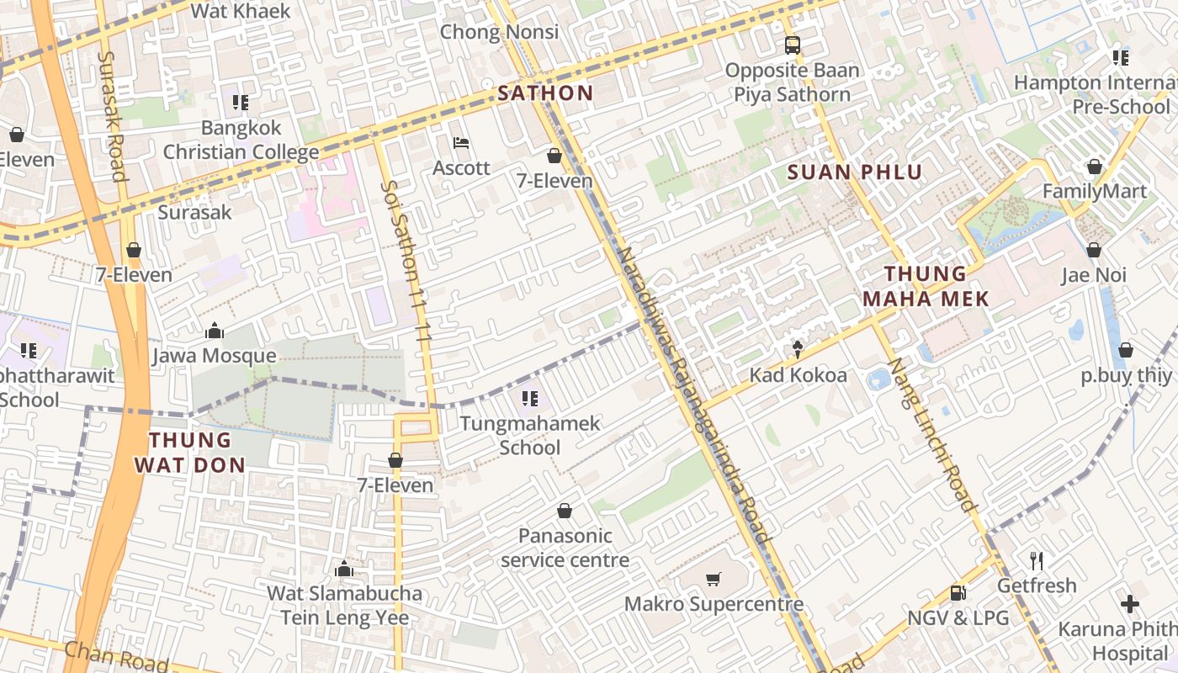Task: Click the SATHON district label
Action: [x=545, y=93]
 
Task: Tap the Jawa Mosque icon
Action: [x=215, y=331]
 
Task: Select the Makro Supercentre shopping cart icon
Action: [x=713, y=579]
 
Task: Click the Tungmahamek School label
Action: [x=530, y=435]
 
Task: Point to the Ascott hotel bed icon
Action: [x=460, y=143]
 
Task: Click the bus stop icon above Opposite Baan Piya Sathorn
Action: [x=792, y=45]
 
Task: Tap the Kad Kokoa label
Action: [x=798, y=375]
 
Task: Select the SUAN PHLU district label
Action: [x=855, y=173]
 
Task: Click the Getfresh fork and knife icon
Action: [x=1037, y=560]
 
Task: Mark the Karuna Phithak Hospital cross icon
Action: [x=1130, y=604]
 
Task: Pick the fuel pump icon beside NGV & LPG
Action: [x=958, y=593]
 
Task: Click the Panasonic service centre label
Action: [x=565, y=548]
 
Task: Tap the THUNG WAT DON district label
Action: [x=190, y=452]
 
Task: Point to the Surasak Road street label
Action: [x=112, y=116]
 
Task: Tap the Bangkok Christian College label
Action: [x=241, y=140]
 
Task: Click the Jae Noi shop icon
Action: [x=1093, y=250]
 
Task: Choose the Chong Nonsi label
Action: [x=499, y=33]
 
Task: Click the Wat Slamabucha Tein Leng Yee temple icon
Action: [x=343, y=570]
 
